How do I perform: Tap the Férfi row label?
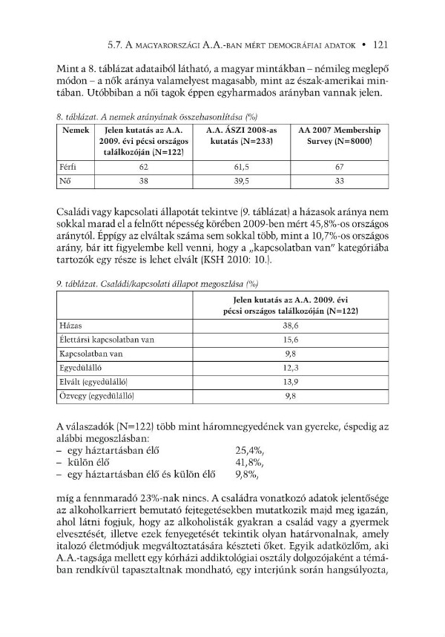coord(69,168)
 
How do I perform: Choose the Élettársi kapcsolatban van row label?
coord(107,340)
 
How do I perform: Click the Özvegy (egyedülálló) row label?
coord(96,396)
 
